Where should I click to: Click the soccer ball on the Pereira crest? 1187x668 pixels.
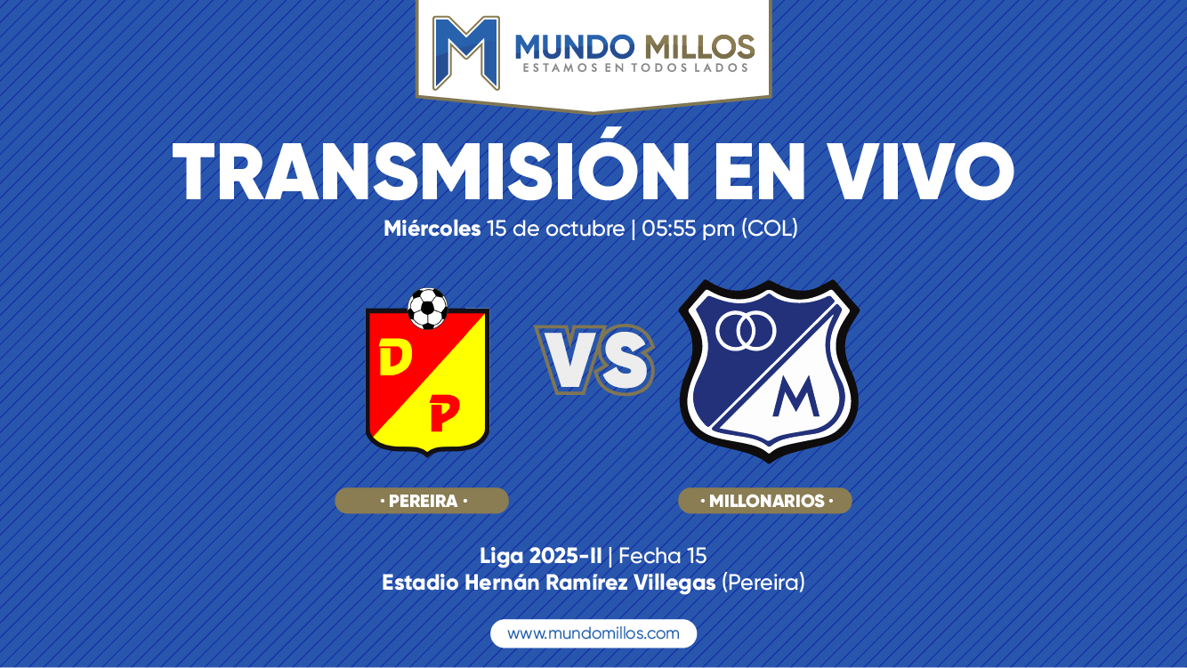428,309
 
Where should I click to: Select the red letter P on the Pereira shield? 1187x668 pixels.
443,414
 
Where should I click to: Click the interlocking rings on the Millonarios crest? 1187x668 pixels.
746,331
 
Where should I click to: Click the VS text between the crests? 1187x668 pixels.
594,359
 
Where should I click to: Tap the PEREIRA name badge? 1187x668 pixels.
422,501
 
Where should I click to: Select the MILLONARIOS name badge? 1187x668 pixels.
765,501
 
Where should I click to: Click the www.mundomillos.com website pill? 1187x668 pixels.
593,633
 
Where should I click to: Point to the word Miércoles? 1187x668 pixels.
432,229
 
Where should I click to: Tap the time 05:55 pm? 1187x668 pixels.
688,229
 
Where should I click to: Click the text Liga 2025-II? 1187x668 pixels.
540,556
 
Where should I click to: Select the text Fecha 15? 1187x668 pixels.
662,556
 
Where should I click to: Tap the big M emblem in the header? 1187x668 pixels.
466,52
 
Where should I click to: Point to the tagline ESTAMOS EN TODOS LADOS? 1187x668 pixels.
635,68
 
